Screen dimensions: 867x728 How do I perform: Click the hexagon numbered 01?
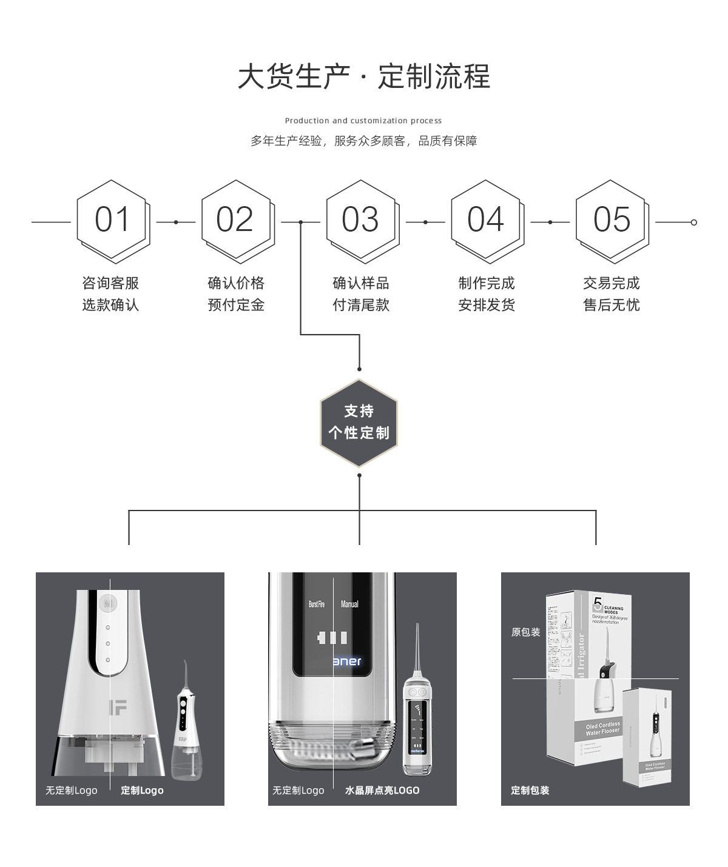tap(112, 220)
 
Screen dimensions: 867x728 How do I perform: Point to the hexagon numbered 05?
tap(612, 220)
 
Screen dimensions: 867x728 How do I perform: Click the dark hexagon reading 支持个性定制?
tap(359, 423)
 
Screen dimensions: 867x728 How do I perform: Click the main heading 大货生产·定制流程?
tap(363, 77)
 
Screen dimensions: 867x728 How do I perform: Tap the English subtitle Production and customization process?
tap(363, 121)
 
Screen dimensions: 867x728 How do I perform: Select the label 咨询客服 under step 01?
tap(110, 283)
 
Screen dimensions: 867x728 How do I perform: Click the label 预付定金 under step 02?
tap(236, 305)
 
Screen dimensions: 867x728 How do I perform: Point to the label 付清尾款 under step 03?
tap(361, 305)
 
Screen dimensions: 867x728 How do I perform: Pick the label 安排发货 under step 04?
tap(487, 305)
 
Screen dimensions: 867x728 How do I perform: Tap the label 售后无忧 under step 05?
tap(612, 305)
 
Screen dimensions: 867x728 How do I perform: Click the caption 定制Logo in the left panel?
tap(142, 791)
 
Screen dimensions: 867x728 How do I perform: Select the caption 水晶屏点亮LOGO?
tap(382, 791)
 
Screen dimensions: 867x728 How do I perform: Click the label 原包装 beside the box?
tap(525, 632)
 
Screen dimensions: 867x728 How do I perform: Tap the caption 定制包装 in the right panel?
tap(530, 791)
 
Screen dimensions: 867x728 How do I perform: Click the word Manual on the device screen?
tap(349, 604)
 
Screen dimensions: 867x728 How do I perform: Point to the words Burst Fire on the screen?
tap(317, 604)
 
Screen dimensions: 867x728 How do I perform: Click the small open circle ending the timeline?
tap(694, 223)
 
